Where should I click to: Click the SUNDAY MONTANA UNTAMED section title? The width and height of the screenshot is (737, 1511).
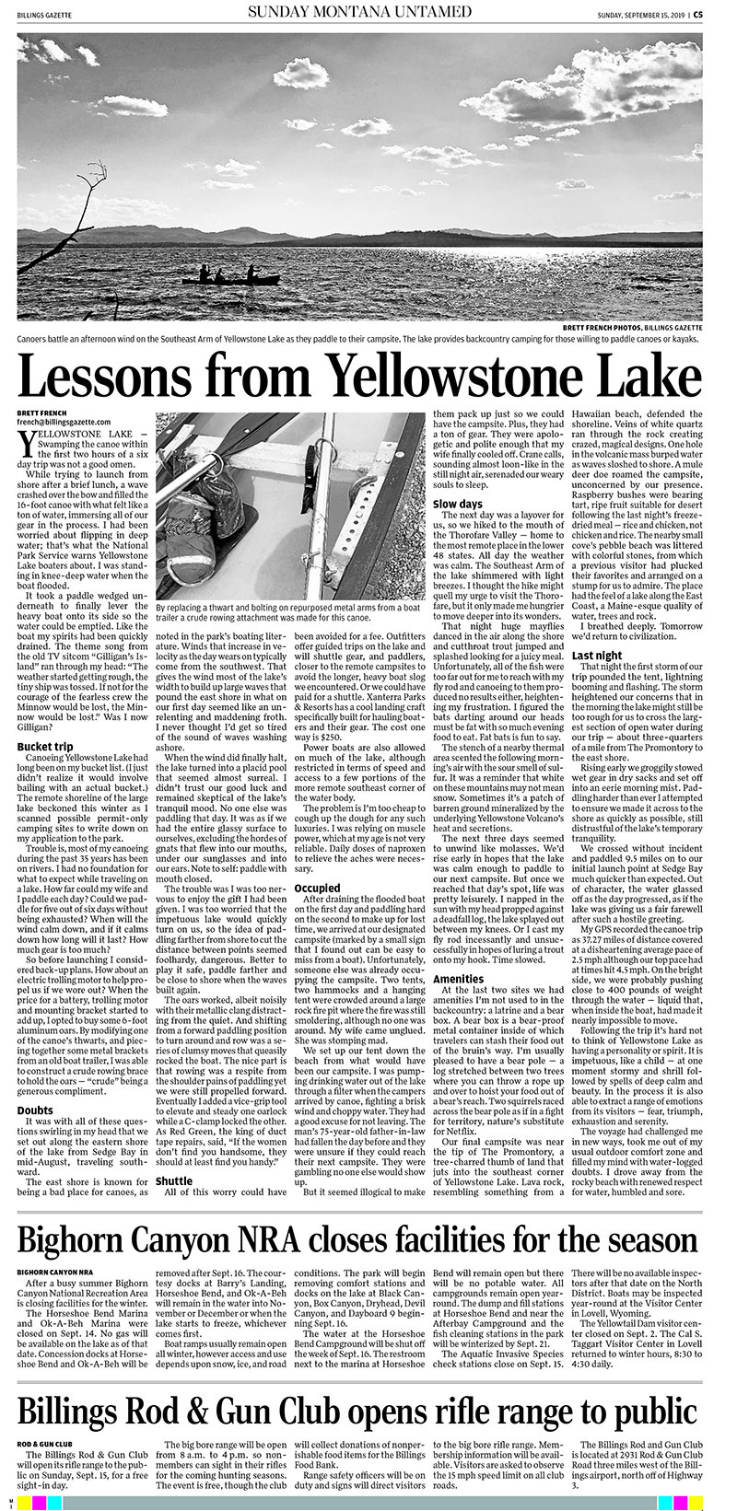[358, 12]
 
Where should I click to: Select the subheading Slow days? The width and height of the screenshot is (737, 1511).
[458, 505]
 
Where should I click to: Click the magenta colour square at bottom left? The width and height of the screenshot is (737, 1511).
[37, 1503]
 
